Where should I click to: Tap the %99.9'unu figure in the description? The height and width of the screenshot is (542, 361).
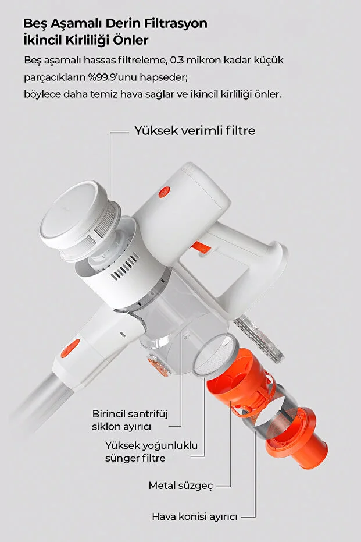tap(106, 77)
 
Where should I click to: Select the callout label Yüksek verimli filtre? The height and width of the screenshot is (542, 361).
tap(195, 130)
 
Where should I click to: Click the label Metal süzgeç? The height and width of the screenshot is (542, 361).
tap(181, 486)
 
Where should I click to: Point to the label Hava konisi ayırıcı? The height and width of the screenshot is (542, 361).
tap(195, 517)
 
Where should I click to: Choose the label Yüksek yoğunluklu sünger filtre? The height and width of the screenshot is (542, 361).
tap(152, 451)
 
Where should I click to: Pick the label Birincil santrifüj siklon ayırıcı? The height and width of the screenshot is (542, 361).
tap(130, 420)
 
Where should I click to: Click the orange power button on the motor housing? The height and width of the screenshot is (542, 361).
tap(165, 192)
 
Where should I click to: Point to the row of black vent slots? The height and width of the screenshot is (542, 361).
tap(124, 267)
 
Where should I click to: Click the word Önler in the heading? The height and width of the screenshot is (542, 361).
tap(133, 40)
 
